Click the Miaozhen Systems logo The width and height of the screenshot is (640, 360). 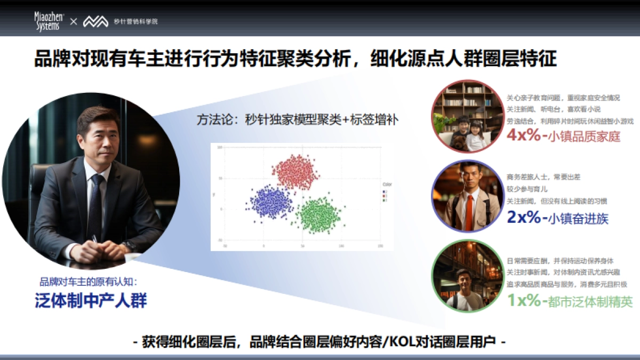(50, 21)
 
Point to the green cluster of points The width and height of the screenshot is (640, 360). (319, 214)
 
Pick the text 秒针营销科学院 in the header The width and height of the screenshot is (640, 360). (136, 21)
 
